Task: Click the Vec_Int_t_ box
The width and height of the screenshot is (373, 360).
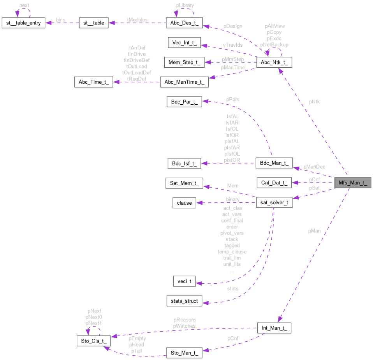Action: pyautogui.click(x=184, y=42)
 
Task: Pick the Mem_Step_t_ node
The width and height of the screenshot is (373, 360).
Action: pyautogui.click(x=184, y=62)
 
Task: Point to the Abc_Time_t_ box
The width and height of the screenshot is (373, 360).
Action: pyautogui.click(x=94, y=82)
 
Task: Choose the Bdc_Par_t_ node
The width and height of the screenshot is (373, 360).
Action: pyautogui.click(x=184, y=102)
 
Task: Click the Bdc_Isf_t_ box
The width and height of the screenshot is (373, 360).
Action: pyautogui.click(x=184, y=163)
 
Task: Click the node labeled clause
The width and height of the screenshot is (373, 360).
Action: pyautogui.click(x=184, y=202)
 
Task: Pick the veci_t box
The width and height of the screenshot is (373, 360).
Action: pyautogui.click(x=184, y=281)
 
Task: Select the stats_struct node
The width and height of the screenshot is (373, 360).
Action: pyautogui.click(x=184, y=301)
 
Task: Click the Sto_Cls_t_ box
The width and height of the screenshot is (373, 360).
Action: pyautogui.click(x=94, y=341)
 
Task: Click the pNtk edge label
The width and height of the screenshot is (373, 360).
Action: pyautogui.click(x=315, y=102)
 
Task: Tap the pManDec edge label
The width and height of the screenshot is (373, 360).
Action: pyautogui.click(x=315, y=167)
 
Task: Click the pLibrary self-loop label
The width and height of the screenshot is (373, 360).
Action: pyautogui.click(x=185, y=5)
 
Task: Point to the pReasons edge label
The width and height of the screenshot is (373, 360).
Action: pyautogui.click(x=185, y=320)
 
